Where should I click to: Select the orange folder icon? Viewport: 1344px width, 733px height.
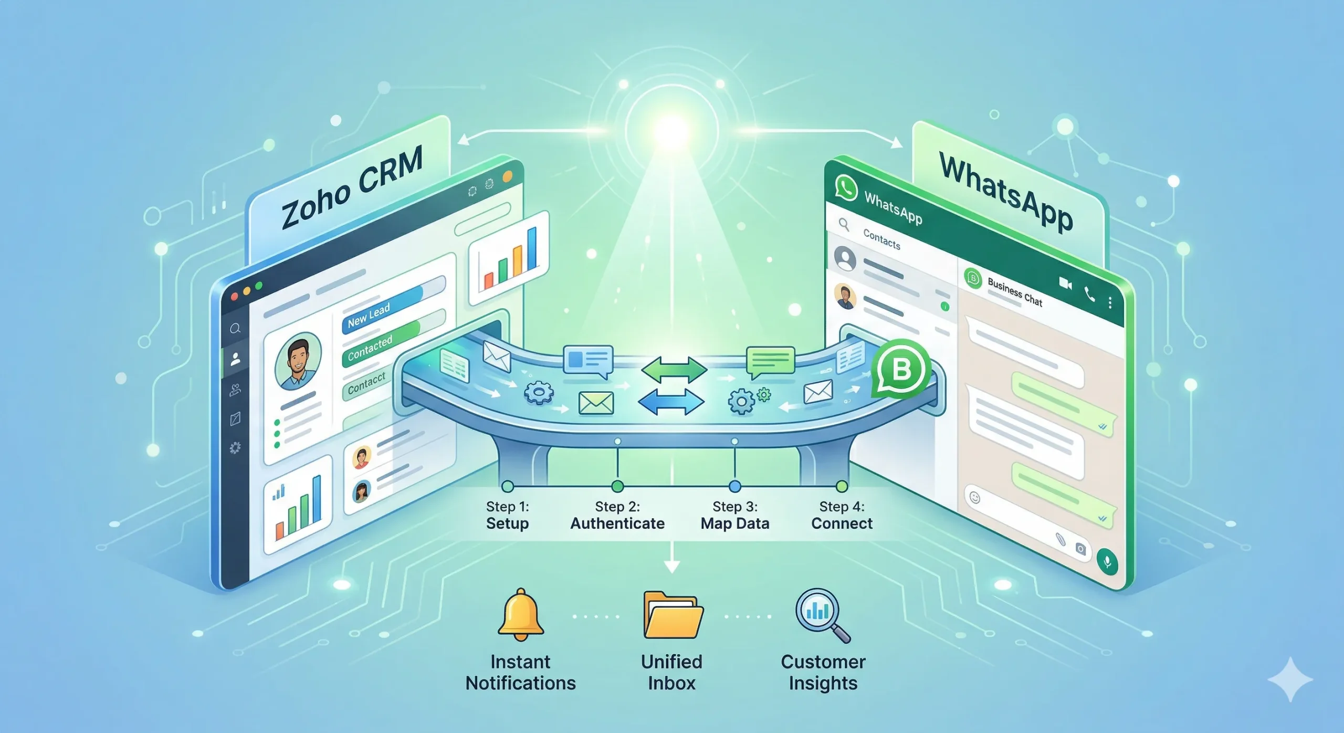click(x=673, y=615)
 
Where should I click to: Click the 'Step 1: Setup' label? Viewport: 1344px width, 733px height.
click(x=507, y=515)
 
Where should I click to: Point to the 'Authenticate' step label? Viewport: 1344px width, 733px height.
click(x=617, y=523)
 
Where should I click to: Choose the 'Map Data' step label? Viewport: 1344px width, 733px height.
click(x=734, y=523)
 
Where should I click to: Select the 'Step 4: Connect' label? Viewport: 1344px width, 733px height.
click(x=842, y=515)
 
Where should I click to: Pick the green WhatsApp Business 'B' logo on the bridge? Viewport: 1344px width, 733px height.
click(x=900, y=369)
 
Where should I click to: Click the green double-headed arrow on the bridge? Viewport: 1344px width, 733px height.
click(x=674, y=369)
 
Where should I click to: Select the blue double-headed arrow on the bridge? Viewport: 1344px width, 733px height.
click(x=671, y=402)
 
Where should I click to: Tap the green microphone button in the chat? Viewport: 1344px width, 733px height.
click(x=1107, y=562)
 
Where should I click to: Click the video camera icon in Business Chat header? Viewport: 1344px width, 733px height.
click(x=1065, y=284)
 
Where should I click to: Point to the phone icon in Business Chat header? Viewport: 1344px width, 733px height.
click(x=1089, y=295)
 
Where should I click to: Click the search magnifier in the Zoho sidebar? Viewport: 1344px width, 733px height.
click(x=235, y=329)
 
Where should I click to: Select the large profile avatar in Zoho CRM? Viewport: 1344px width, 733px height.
click(x=298, y=361)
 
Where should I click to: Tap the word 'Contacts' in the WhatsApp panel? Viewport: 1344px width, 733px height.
click(x=881, y=239)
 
